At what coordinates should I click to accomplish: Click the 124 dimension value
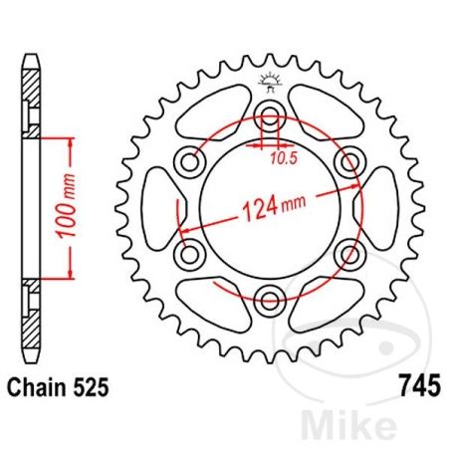pyautogui.click(x=254, y=211)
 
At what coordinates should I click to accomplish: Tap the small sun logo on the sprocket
pyautogui.click(x=267, y=81)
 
